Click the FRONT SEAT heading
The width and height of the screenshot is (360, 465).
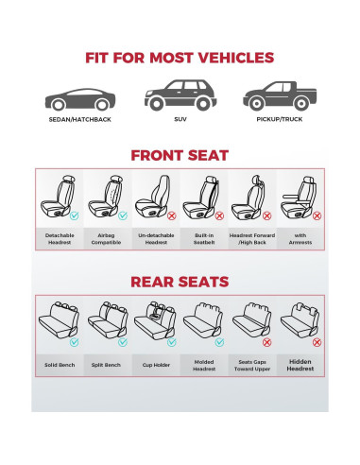click(180, 155)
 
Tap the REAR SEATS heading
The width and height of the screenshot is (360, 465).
click(180, 282)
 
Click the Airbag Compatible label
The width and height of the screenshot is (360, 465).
click(105, 238)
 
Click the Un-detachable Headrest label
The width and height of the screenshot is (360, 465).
click(154, 238)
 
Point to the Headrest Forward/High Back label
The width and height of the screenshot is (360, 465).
click(252, 238)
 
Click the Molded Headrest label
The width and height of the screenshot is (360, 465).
click(204, 364)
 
